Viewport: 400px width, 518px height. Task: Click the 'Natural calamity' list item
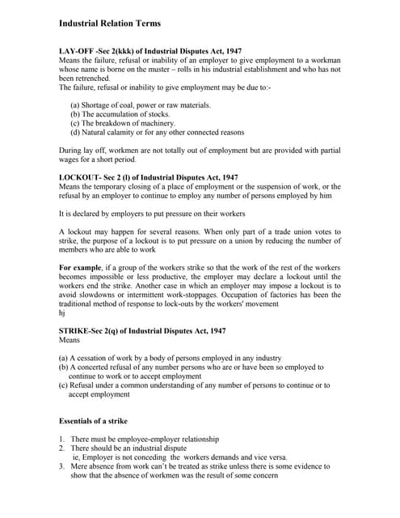(157, 132)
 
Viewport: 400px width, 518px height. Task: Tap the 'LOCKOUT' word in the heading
(81, 176)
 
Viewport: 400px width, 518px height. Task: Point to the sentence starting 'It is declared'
(152, 213)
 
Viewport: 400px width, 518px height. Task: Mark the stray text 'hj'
(63, 312)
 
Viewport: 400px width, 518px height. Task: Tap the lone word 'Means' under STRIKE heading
(70, 340)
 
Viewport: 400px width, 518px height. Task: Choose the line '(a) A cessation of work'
(170, 358)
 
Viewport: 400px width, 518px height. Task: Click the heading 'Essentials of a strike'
(93, 421)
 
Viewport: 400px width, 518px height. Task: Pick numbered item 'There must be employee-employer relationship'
(144, 439)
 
